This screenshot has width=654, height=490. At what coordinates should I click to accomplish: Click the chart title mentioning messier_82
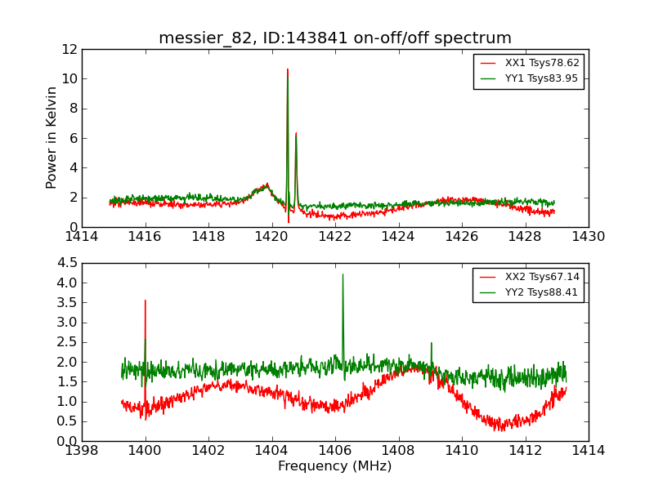[x=335, y=38]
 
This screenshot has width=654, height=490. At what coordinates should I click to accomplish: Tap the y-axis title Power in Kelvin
[x=52, y=138]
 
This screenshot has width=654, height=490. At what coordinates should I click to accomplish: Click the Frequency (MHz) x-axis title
[x=335, y=466]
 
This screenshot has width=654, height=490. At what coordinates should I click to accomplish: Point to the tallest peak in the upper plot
[x=288, y=70]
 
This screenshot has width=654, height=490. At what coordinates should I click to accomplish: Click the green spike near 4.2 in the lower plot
[x=343, y=275]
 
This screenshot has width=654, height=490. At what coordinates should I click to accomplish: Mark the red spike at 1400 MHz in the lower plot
[x=146, y=301]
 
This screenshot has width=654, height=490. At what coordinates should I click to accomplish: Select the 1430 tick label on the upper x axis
[x=588, y=237]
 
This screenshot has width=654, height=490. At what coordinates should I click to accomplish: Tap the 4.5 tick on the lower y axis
[x=67, y=263]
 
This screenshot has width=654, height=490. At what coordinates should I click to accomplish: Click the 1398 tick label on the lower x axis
[x=82, y=451]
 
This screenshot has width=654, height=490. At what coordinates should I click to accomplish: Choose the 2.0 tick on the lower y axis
[x=67, y=362]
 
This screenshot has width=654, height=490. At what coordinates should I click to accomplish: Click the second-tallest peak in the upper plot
[x=296, y=134]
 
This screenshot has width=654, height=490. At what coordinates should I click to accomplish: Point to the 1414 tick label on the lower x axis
[x=588, y=451]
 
